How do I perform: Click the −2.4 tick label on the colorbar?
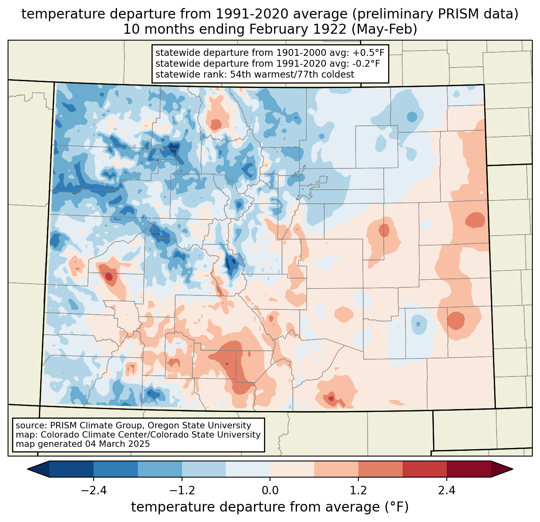94,491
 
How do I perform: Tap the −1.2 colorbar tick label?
182,491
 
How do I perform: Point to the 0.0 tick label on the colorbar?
270,491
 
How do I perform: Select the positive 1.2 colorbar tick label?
358,491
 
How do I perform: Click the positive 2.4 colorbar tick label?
446,491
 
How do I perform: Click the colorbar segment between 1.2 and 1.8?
380,469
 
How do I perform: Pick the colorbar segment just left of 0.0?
248,469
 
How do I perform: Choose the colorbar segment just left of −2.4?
72,469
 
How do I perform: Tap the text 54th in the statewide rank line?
241,74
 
